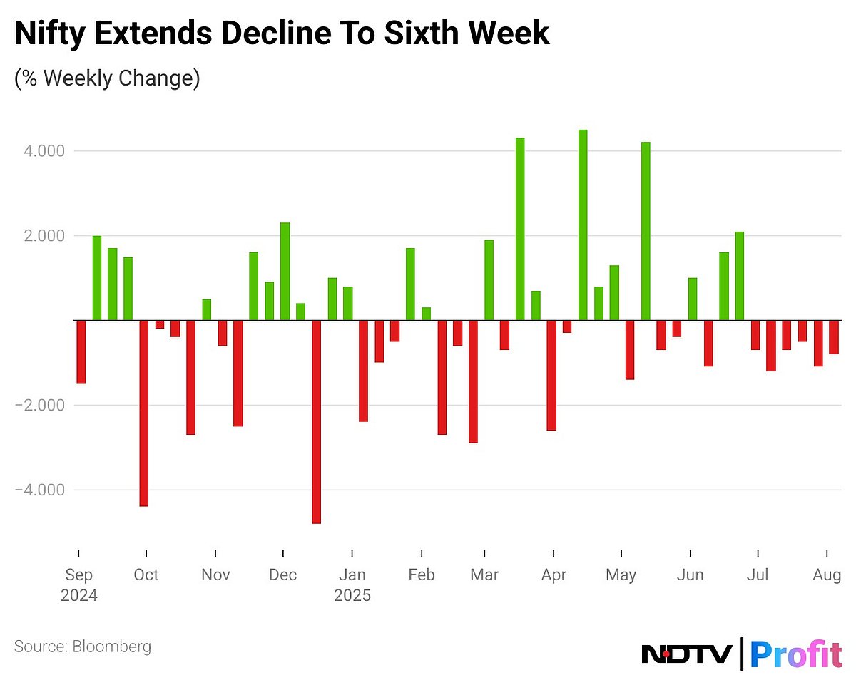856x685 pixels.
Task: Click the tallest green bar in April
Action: [x=583, y=225]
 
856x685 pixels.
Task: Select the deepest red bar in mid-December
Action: [x=316, y=421]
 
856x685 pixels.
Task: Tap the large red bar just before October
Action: [x=143, y=413]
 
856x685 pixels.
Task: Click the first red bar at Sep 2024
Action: [x=81, y=351]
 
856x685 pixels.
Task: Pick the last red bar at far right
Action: [x=833, y=337]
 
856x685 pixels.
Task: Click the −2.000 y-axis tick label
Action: [x=40, y=405]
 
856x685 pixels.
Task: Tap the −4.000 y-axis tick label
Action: [x=40, y=490]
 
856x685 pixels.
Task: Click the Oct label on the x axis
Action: [x=146, y=575]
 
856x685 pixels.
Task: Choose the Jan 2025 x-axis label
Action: [x=352, y=584]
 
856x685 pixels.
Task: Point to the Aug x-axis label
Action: [x=827, y=575]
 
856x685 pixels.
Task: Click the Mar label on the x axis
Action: [x=484, y=575]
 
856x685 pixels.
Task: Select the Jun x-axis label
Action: [x=690, y=575]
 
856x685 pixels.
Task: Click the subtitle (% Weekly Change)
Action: [x=107, y=78]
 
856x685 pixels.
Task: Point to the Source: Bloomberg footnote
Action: [x=83, y=647]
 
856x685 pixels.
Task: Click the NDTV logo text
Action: [x=687, y=653]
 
